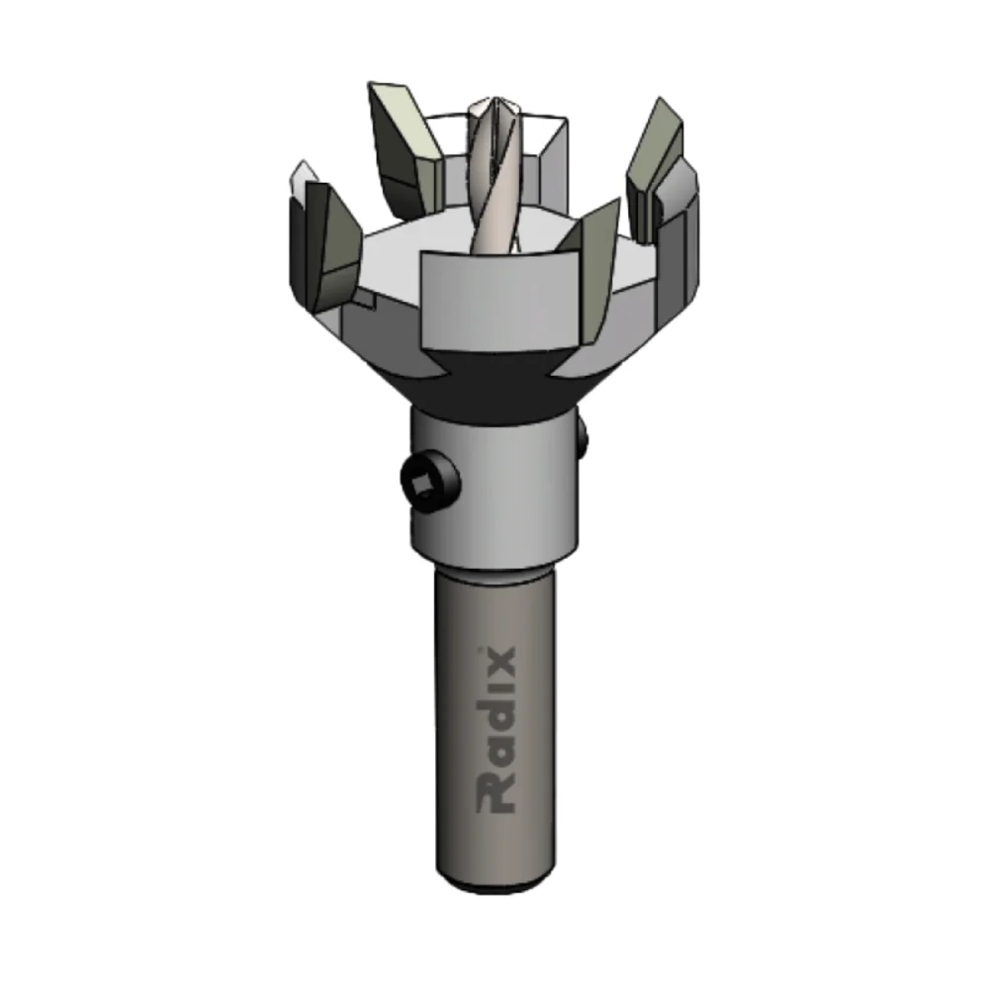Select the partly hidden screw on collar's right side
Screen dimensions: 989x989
point(582,435)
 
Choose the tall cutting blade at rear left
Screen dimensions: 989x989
point(404,148)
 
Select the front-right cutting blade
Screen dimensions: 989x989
point(593,267)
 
